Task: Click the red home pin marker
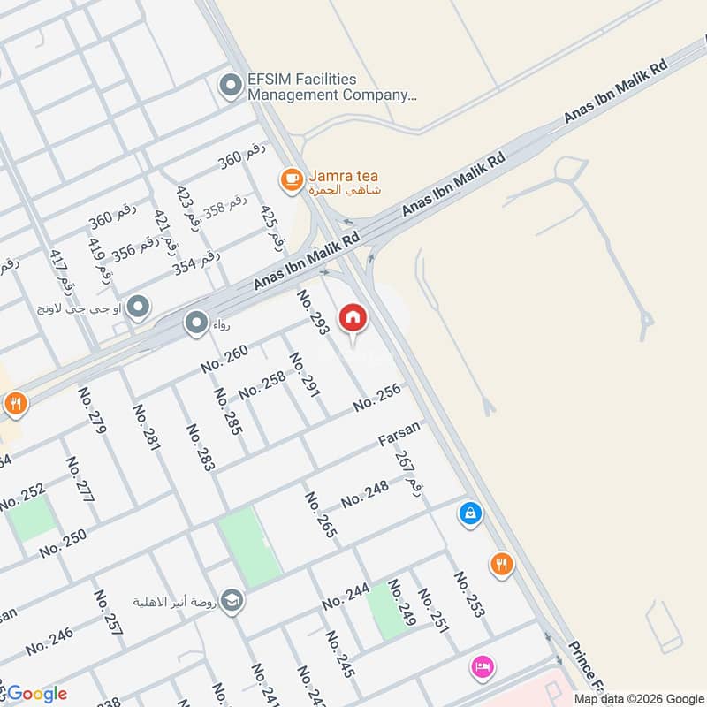tap(353, 316)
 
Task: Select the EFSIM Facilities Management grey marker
tap(231, 87)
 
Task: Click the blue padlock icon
tap(471, 513)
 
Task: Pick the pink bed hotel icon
tap(483, 666)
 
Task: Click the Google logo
tap(35, 694)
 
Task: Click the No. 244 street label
tap(345, 597)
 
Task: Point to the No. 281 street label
tap(146, 428)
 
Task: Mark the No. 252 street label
tap(23, 498)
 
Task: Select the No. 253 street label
tap(468, 594)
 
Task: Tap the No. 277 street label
tap(80, 480)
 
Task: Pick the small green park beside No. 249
tap(384, 611)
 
